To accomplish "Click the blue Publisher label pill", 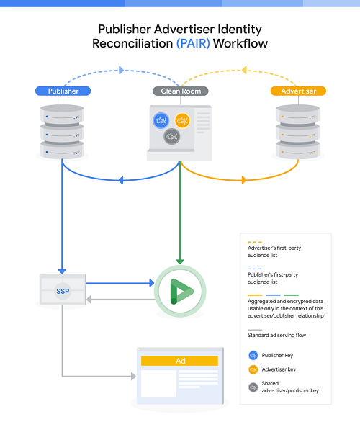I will (63, 91).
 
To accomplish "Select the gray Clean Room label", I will (180, 91).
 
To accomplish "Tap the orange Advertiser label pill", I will (297, 91).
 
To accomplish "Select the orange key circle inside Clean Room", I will (182, 120).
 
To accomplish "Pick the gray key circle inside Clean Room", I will (172, 136).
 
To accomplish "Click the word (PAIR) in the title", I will (194, 44).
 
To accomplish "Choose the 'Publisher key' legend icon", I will (253, 355).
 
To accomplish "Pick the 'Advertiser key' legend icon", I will (253, 370).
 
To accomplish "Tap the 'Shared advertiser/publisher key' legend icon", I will (253, 387).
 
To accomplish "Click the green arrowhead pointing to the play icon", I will (180, 261).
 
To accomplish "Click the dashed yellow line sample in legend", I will (253, 242).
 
